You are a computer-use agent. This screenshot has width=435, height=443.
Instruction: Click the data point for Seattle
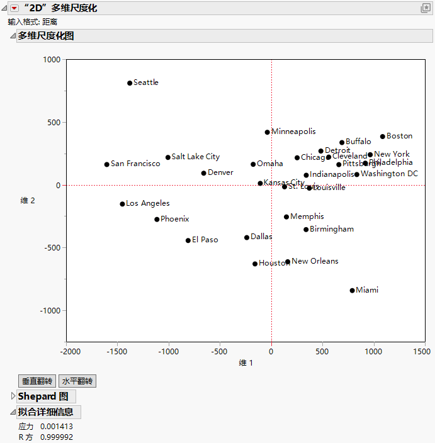(130, 83)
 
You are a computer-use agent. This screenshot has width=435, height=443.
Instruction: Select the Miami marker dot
(353, 291)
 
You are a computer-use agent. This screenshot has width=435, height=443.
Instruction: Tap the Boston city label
(399, 136)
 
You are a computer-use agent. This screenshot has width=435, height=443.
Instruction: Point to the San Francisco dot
(107, 165)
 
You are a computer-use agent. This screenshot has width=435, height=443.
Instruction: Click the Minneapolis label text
(293, 132)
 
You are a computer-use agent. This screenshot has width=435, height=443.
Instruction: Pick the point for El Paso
(188, 240)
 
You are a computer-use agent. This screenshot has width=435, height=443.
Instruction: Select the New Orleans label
(315, 261)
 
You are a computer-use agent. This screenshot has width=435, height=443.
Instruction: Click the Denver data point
(204, 173)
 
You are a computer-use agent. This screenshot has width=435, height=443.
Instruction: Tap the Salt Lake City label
(196, 157)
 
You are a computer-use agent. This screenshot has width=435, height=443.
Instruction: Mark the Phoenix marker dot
(157, 220)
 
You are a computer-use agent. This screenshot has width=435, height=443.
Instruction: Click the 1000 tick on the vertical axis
(51, 60)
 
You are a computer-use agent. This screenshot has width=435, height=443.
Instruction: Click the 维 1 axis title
(246, 363)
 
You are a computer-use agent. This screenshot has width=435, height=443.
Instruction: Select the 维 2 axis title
(28, 201)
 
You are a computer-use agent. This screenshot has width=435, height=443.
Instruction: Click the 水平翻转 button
(77, 381)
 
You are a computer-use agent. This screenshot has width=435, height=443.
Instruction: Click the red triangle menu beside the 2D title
(14, 8)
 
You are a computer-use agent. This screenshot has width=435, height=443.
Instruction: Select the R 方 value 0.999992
(56, 437)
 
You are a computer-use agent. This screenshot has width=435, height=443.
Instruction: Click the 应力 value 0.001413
(56, 427)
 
